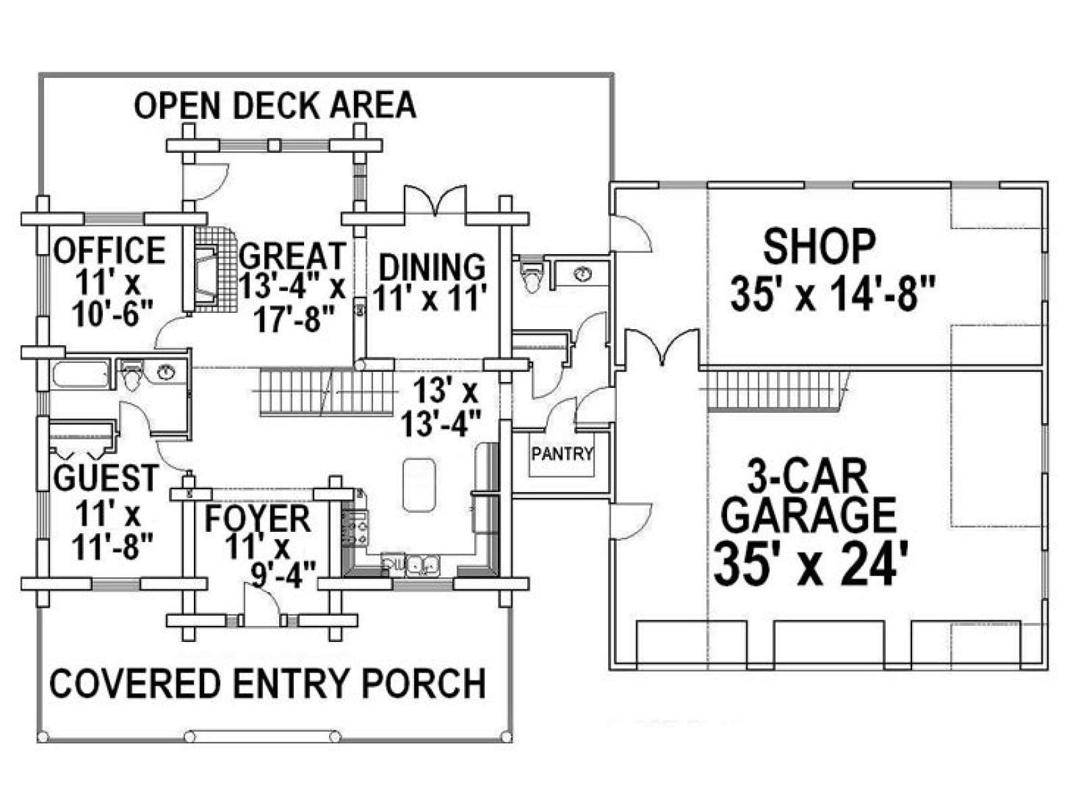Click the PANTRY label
pos(562,453)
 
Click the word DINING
pos(432,268)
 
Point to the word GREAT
pos(293,255)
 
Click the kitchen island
pos(419,485)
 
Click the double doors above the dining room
pos(435,200)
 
